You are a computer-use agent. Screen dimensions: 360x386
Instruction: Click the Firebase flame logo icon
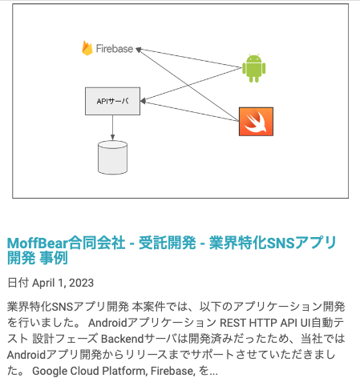coord(87,48)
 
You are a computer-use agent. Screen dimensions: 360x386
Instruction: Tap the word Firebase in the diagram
coord(115,49)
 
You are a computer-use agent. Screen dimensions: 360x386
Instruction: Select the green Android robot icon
coord(253,68)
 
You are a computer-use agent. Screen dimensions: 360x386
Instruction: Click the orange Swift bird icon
coord(256,122)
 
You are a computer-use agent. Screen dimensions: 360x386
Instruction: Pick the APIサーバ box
coord(112,101)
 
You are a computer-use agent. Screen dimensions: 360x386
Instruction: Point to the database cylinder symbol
coord(112,158)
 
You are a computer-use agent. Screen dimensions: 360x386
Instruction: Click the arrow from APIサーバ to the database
coord(112,128)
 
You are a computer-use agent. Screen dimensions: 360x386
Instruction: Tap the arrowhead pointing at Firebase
coord(139,50)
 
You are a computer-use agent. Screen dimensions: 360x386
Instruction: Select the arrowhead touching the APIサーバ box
coord(143,101)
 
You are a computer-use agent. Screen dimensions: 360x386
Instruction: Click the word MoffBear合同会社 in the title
coord(67,243)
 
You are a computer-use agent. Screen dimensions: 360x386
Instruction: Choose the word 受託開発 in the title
coord(168,243)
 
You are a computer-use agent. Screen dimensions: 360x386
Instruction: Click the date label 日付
coord(18,283)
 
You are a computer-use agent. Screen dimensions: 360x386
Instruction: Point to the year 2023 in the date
coord(81,283)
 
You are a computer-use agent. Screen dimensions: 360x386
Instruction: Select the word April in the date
coord(44,283)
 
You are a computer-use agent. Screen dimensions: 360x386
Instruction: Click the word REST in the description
coord(233,323)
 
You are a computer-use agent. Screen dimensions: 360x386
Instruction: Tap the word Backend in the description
coord(123,339)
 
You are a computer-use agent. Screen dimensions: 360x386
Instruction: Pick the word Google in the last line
coord(50,371)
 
